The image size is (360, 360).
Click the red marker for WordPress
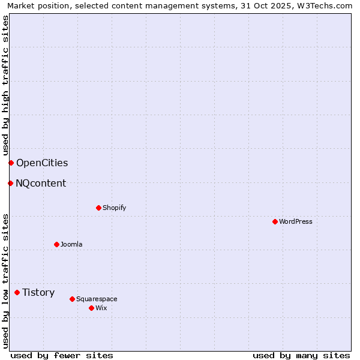(x=275, y=221)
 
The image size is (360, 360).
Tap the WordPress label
(x=296, y=221)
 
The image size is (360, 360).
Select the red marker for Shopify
(x=98, y=208)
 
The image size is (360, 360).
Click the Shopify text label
(x=114, y=208)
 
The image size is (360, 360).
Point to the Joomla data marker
(x=56, y=244)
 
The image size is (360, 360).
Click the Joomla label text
(x=71, y=244)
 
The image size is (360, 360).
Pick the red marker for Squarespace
(x=72, y=299)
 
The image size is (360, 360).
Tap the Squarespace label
(x=97, y=299)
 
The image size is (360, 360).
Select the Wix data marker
(x=91, y=308)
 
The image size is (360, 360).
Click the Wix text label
(x=101, y=308)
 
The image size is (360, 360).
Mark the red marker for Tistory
(x=17, y=292)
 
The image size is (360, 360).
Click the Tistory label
(x=38, y=292)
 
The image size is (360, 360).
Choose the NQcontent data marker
(x=10, y=183)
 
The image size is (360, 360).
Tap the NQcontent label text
(x=41, y=183)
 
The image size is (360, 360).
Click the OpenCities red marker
(x=11, y=163)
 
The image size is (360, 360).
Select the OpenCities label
(x=42, y=163)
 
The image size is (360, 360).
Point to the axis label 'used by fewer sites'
(x=62, y=355)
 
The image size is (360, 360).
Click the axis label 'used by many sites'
(x=301, y=355)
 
